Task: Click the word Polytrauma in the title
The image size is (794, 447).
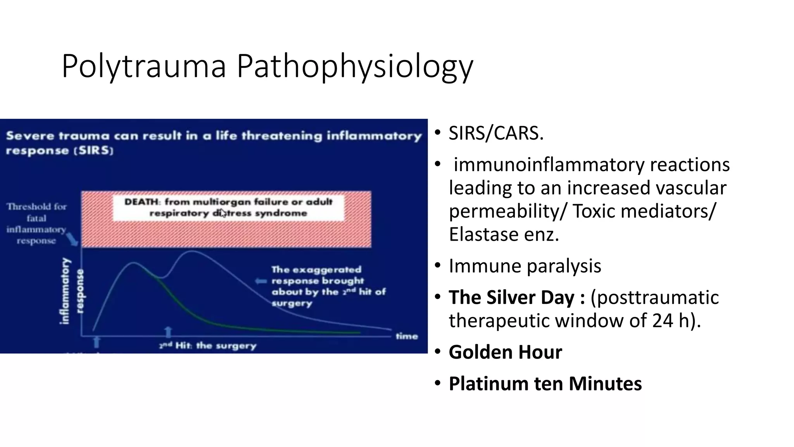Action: [143, 67]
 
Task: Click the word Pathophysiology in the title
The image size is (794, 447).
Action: [355, 67]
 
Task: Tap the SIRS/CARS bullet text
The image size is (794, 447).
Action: [496, 133]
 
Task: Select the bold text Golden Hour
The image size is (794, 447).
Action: [505, 352]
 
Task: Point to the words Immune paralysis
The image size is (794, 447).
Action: [525, 266]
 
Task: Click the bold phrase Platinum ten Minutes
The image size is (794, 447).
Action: [545, 384]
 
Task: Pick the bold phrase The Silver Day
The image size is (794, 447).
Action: [511, 298]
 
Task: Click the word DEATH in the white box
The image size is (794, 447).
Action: [142, 202]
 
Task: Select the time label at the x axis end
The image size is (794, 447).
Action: [407, 336]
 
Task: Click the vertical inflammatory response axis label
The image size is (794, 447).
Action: [72, 291]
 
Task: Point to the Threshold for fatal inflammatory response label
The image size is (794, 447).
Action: [36, 223]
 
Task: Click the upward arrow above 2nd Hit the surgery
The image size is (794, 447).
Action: [168, 333]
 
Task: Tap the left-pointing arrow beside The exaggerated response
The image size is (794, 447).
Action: [261, 281]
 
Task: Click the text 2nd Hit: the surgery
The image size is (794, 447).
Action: [208, 346]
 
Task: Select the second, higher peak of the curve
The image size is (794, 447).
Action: [192, 251]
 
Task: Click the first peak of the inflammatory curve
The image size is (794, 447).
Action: [134, 263]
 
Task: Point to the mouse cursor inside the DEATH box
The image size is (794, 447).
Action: [223, 213]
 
